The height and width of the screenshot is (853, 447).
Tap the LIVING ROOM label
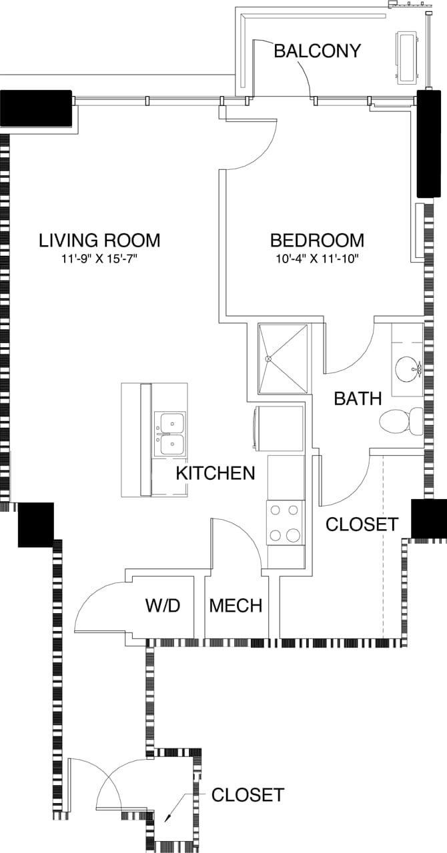tap(99, 240)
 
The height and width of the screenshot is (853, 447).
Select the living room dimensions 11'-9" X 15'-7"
tap(99, 257)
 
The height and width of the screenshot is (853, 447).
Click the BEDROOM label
tap(317, 240)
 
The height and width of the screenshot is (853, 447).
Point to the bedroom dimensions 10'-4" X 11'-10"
tap(317, 257)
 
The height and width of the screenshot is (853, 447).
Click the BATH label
tap(358, 399)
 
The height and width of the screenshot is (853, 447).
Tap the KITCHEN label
tap(215, 473)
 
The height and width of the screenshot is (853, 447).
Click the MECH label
tap(236, 606)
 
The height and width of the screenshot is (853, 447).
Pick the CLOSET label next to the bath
tap(362, 524)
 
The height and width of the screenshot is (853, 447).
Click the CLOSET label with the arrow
tap(248, 795)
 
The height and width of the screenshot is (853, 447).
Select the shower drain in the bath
tap(270, 359)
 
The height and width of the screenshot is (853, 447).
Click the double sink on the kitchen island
tap(170, 433)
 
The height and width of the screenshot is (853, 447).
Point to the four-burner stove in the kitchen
tap(285, 522)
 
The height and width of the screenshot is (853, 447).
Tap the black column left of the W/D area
tap(35, 524)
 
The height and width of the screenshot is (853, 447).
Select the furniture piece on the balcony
tap(408, 57)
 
